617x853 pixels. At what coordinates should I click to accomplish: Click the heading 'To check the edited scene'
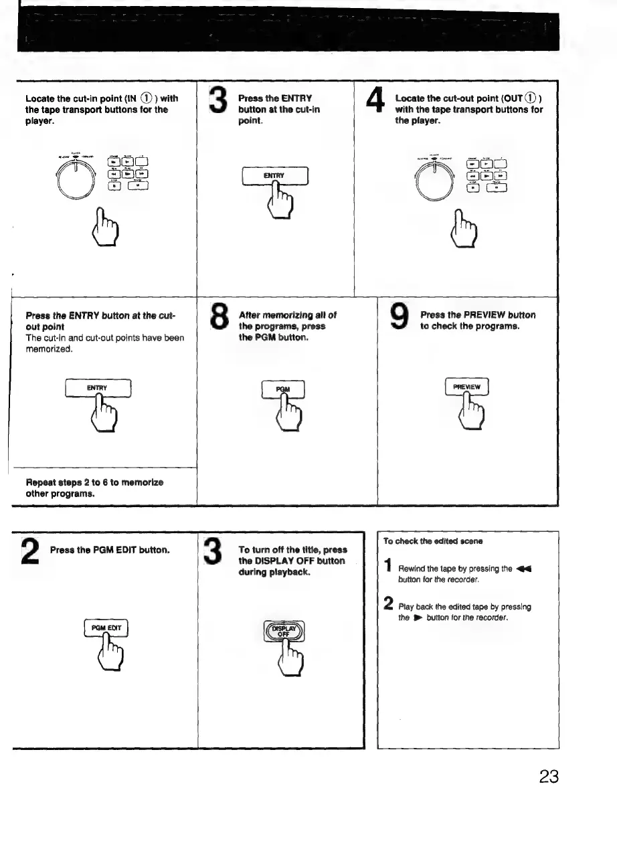click(x=424, y=541)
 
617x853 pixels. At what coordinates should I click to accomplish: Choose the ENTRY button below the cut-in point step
click(x=274, y=176)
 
